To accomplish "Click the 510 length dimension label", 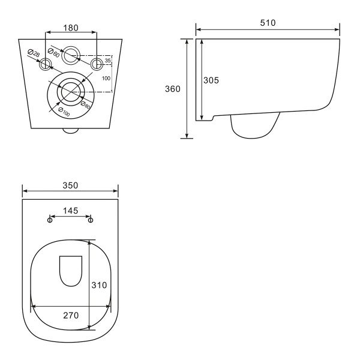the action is pos(268,23).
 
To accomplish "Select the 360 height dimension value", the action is pos(173,89).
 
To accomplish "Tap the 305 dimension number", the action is pos(211,80).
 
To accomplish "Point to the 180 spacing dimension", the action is pos(71,28).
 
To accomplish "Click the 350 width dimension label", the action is pos(70,185).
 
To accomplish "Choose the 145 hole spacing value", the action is pos(70,211).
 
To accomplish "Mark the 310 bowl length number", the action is pos(99,285).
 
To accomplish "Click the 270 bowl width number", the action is pos(71,316).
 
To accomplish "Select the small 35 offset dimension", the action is pos(107,61).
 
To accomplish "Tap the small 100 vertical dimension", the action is pos(106,78).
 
